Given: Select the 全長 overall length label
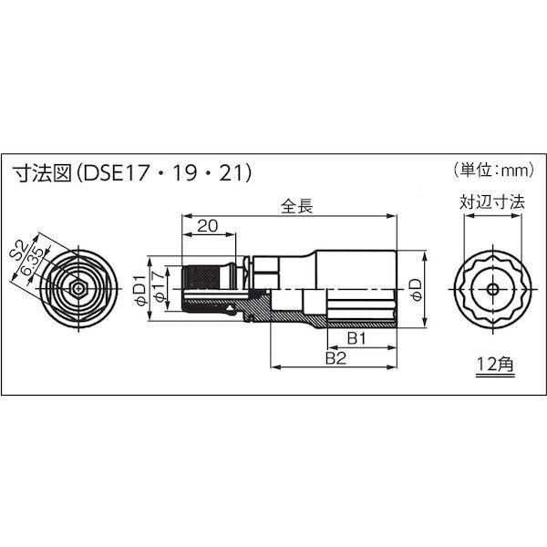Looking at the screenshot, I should (x=294, y=207).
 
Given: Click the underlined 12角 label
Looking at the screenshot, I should (x=496, y=364).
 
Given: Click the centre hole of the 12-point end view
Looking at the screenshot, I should (x=492, y=288).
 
